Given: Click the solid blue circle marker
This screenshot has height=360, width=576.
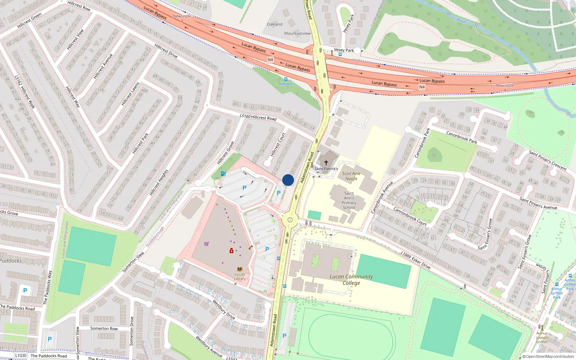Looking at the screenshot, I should coord(288,180).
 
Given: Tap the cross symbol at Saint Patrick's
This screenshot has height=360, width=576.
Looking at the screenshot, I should coord(326,163).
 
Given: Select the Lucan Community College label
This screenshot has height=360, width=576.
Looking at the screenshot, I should coord(351,280).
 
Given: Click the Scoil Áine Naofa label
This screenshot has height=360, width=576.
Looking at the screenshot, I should coord(351,176).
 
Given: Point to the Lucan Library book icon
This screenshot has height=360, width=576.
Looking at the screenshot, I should coord(240,269).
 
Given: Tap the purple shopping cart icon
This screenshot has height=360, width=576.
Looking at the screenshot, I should coord(206,244).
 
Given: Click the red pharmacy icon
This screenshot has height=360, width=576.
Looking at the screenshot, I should coord(231,251).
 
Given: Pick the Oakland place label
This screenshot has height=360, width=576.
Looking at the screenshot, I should coord(275,24).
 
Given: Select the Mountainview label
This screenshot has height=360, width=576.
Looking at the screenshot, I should coord(297,33).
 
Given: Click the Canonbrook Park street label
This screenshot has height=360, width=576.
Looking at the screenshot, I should coord(462,137).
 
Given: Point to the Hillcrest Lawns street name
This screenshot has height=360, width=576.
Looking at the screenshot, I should coord(130,94).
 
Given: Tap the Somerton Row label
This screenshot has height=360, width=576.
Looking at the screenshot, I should coord(104,328).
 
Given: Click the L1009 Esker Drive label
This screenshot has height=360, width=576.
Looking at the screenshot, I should coord(415,260).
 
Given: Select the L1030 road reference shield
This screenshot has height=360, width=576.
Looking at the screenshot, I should coord(21,355).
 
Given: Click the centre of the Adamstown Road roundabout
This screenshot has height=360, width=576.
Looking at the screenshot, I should coord(290,220).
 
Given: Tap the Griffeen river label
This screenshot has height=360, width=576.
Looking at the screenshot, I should coord(458,19).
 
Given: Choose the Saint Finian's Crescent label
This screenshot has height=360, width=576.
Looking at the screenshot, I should coord(548,160).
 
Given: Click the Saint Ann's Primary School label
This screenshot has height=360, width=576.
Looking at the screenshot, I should coord(349,201).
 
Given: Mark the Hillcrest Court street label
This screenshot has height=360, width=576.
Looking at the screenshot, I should coord(278,144).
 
